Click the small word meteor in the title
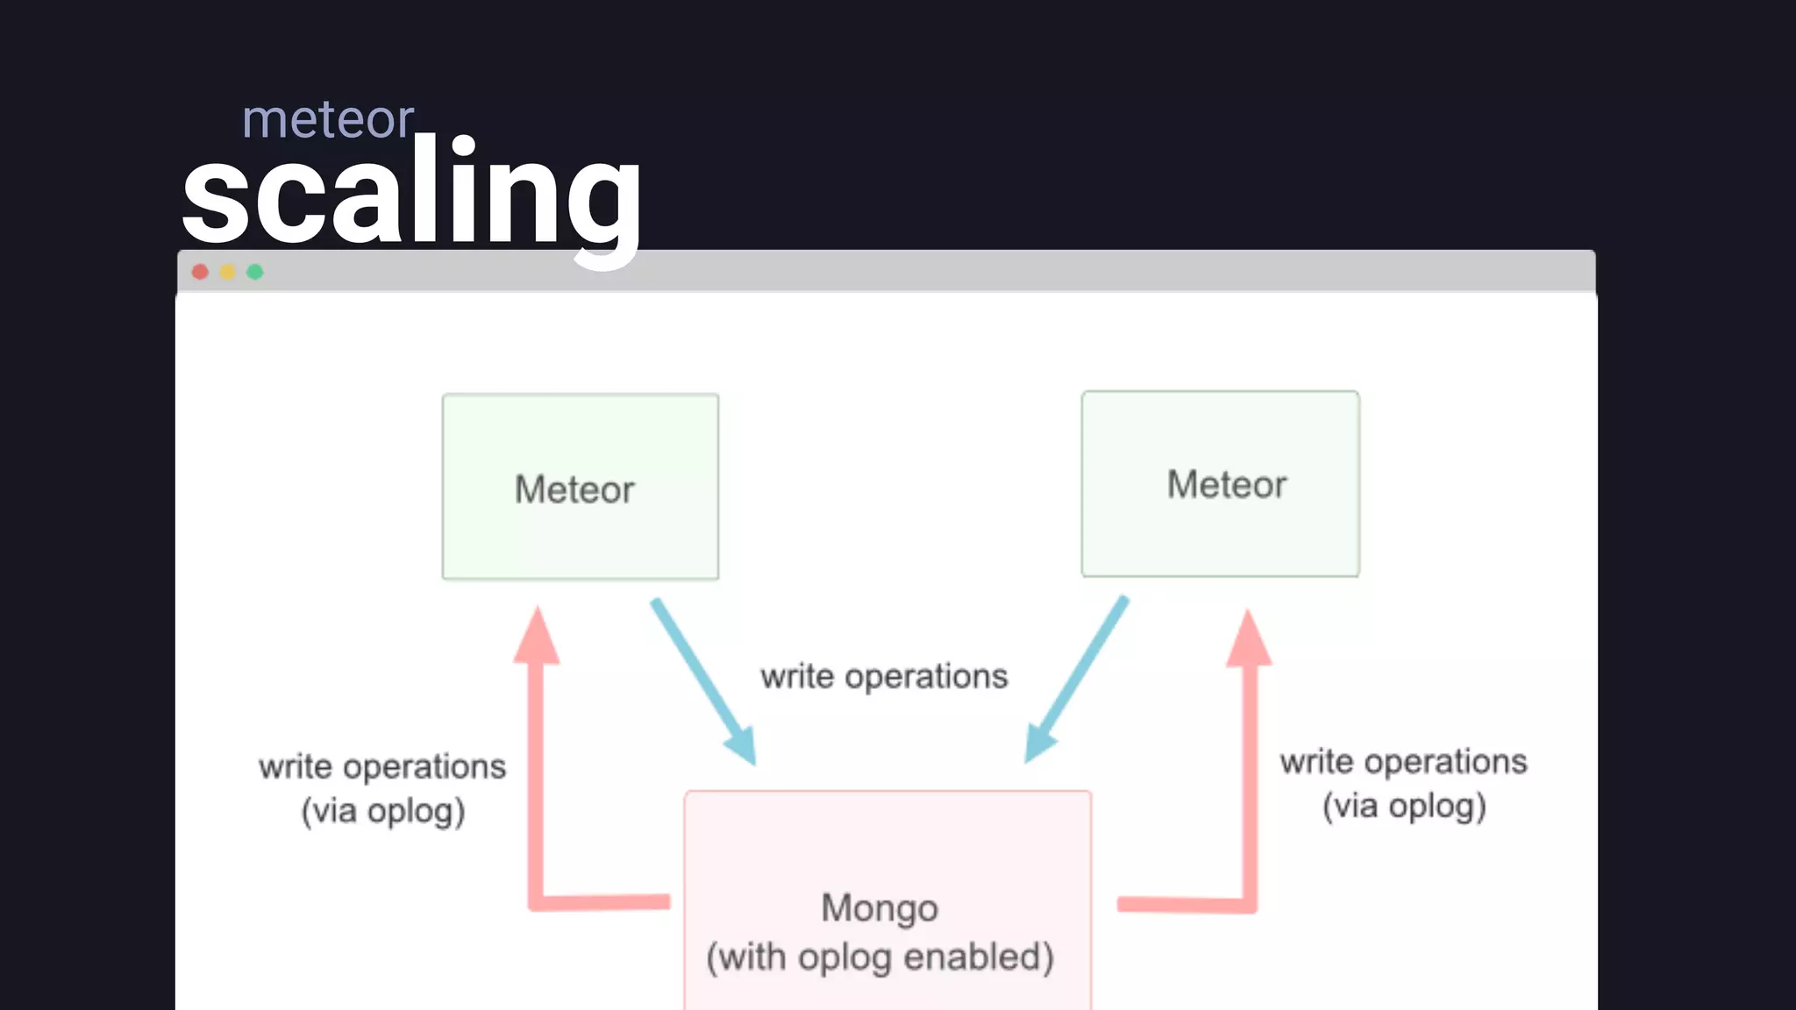327,120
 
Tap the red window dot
200,272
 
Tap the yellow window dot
228,272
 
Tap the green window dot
255,272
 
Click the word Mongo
880,907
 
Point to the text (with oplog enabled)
880,957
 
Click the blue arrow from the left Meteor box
702,680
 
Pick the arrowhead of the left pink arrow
537,636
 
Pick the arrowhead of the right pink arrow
1248,639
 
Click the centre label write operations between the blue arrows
884,676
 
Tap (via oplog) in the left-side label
383,811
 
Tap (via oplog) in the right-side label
1404,806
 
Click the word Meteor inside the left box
574,489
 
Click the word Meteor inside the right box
1226,484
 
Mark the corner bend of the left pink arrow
537,902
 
